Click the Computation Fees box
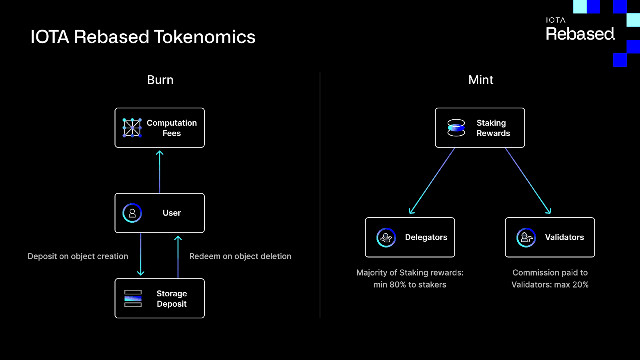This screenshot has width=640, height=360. tap(160, 128)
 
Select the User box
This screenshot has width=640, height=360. tap(160, 213)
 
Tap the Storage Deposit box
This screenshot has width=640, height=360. tap(160, 298)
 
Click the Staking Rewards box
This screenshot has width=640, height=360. tap(480, 128)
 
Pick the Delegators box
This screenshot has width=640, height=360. tap(410, 238)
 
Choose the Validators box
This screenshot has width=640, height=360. tap(550, 238)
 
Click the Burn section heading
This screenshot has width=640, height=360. tap(160, 80)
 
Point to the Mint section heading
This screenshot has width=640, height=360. tap(481, 80)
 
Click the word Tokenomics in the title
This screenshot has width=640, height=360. tap(204, 37)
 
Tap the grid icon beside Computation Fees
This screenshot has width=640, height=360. tap(132, 128)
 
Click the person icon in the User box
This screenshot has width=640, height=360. tap(132, 213)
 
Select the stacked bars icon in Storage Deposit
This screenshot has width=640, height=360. tap(133, 298)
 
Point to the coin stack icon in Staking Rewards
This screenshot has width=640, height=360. tap(456, 128)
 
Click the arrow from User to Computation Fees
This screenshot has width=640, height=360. tap(160, 172)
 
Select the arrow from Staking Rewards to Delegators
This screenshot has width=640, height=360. tap(432, 181)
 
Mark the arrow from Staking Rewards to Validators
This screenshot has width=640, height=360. tap(528, 181)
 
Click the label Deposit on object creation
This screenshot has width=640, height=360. tap(78, 256)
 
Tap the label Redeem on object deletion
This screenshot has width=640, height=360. tap(240, 256)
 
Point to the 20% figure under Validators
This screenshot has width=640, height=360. tap(580, 284)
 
